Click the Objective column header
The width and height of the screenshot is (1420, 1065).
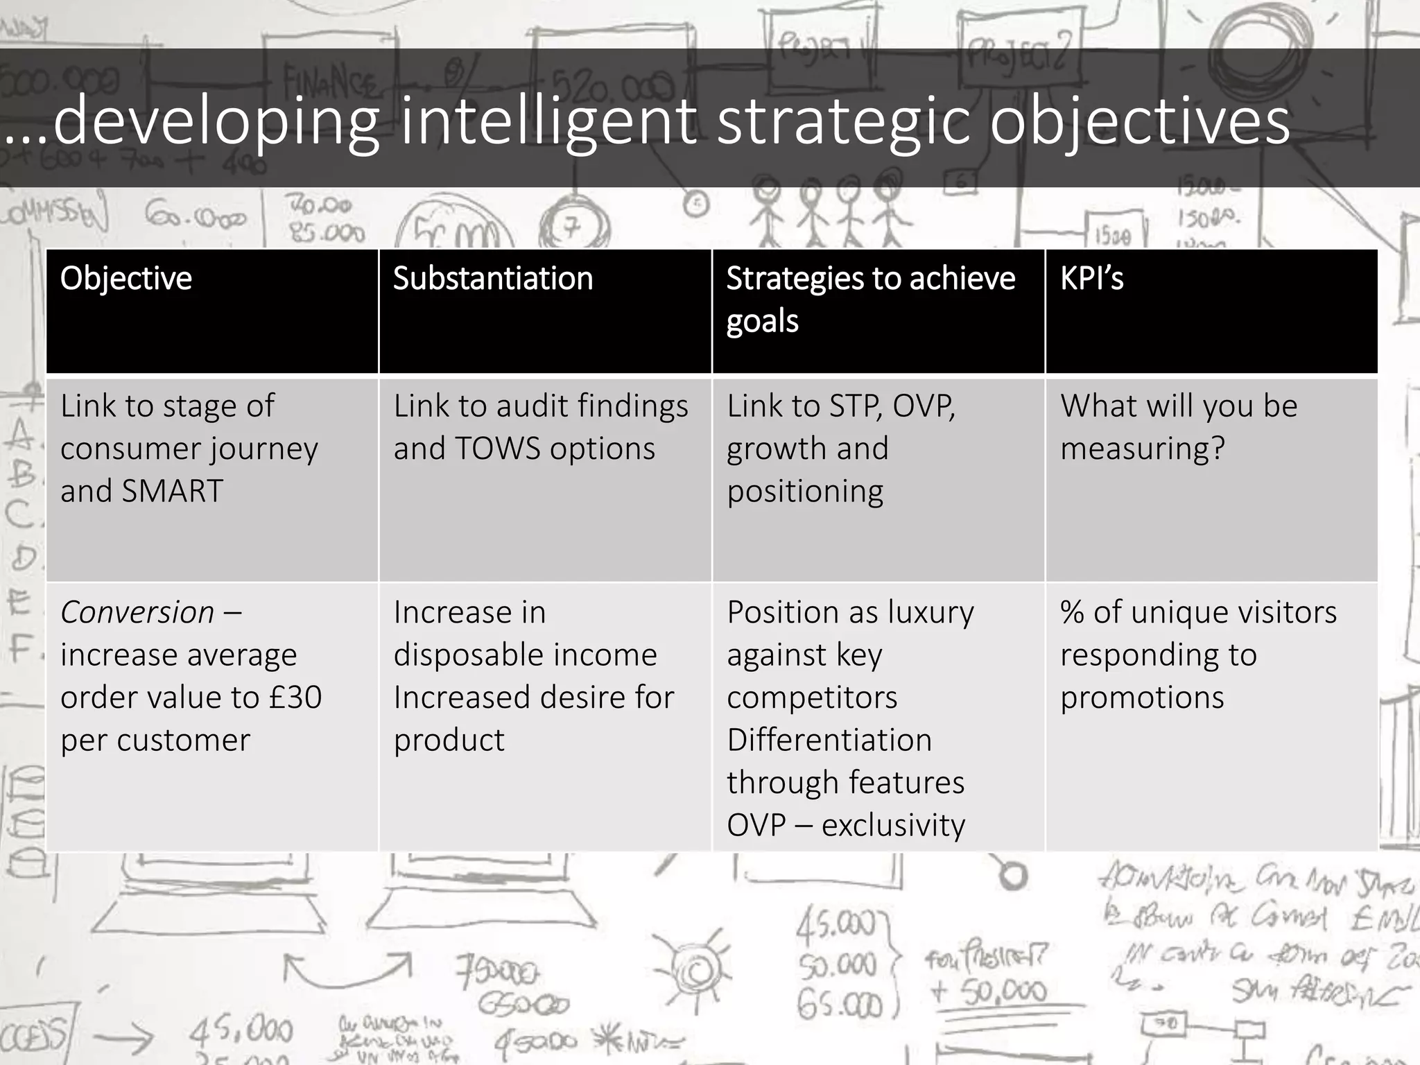click(x=126, y=279)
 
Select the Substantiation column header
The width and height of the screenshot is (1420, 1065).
click(x=493, y=279)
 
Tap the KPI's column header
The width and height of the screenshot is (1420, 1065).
click(x=1091, y=279)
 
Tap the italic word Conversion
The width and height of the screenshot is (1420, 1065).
click(x=137, y=612)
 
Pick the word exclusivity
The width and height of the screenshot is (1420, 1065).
click(x=893, y=825)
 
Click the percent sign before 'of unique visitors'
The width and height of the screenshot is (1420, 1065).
click(x=1072, y=612)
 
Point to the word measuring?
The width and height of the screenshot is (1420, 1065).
click(x=1143, y=449)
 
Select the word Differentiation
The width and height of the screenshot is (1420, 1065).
click(x=829, y=740)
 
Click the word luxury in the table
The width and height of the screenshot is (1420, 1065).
click(x=930, y=612)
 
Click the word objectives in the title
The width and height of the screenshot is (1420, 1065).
click(x=1139, y=121)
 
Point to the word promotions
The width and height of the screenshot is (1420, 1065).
click(x=1142, y=698)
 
